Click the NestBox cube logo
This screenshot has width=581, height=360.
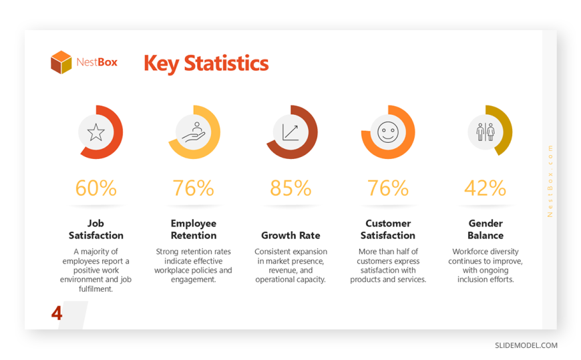(61, 62)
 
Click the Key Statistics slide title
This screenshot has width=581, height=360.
(206, 63)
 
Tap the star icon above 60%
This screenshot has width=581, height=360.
(96, 132)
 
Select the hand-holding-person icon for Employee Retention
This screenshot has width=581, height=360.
(194, 132)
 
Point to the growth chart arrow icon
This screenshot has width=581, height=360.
(290, 132)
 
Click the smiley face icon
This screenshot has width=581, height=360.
(388, 132)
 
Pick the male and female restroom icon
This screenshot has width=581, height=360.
(486, 132)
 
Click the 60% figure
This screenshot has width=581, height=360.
(96, 188)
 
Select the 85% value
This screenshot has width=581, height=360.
(290, 188)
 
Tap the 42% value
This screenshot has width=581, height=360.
(486, 188)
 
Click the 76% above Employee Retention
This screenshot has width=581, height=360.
(194, 188)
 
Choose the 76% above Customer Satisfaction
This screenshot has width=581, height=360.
(388, 188)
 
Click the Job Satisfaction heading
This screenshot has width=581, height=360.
(96, 230)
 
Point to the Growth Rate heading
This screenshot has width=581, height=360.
(290, 235)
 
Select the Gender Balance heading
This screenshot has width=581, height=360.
(486, 230)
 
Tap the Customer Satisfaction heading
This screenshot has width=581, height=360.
(388, 230)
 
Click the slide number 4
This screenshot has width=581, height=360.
(57, 313)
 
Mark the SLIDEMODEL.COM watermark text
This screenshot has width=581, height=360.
(526, 345)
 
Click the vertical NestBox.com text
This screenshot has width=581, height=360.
(550, 181)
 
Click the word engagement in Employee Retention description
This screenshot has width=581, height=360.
(193, 280)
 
